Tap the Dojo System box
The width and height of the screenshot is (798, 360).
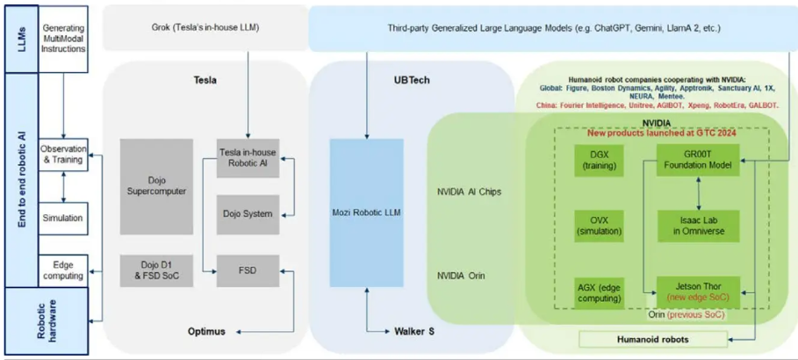coord(248,213)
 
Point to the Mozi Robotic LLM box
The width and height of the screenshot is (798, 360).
coord(367,212)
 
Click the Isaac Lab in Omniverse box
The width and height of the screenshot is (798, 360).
coord(698,224)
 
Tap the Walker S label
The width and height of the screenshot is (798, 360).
coord(417,331)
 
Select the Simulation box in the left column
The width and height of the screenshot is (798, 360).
coord(63,218)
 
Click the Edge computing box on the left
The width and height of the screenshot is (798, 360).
coord(63,270)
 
